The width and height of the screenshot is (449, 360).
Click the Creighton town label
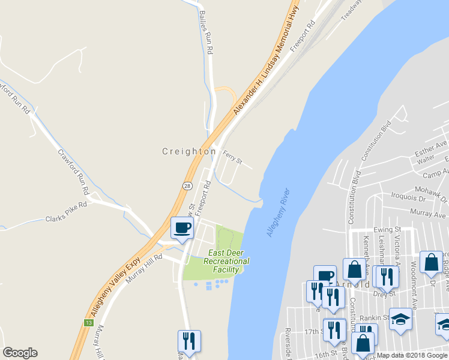tap(189, 152)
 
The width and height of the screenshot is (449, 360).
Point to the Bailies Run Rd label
tap(207, 34)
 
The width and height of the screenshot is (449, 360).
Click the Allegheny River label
tap(278, 212)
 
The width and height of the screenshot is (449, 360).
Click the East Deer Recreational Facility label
tap(226, 262)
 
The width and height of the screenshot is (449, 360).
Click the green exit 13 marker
tap(89, 323)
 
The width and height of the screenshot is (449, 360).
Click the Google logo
tap(20, 353)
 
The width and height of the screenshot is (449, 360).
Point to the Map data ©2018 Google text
tap(412, 355)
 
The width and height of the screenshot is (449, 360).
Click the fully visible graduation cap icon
tap(401, 319)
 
